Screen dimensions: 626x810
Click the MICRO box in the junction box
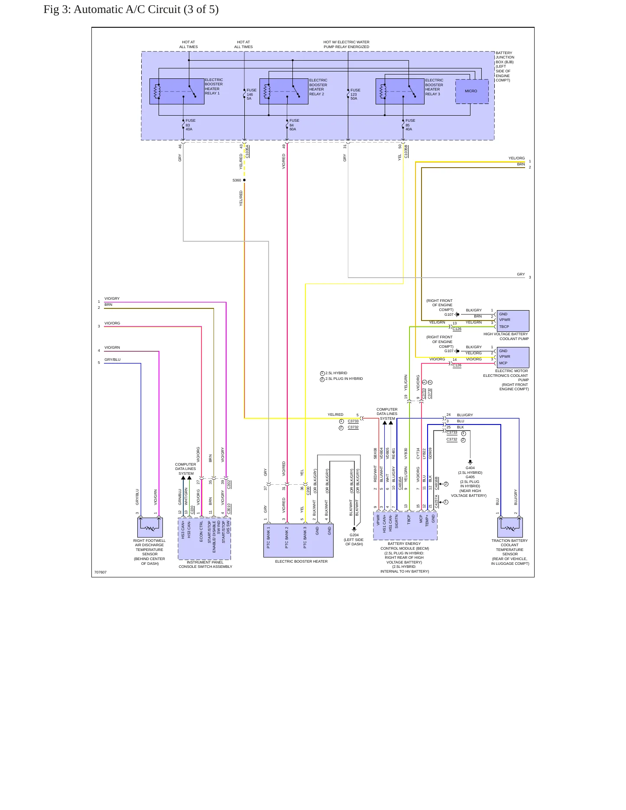click(x=472, y=91)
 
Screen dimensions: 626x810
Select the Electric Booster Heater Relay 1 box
click(x=177, y=91)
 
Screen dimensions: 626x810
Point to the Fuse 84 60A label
click(x=294, y=125)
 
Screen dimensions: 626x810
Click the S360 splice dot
click(x=244, y=180)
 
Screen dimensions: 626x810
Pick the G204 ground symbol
click(x=354, y=529)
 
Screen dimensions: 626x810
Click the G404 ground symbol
click(x=470, y=462)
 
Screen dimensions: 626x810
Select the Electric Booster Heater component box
click(x=298, y=541)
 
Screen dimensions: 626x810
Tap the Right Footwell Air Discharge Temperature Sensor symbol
click(x=150, y=528)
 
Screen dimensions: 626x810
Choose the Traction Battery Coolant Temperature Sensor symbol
click(x=510, y=528)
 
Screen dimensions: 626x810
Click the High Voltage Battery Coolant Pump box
click(x=513, y=321)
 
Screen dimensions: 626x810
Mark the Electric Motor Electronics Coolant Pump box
click(x=513, y=357)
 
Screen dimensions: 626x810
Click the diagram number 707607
click(x=101, y=572)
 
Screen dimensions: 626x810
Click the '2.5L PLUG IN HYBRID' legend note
click(x=344, y=379)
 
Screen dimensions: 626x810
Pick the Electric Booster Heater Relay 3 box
click(x=400, y=91)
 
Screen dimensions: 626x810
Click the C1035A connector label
click(x=247, y=152)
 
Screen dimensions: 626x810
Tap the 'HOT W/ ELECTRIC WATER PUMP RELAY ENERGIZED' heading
click(x=346, y=45)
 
